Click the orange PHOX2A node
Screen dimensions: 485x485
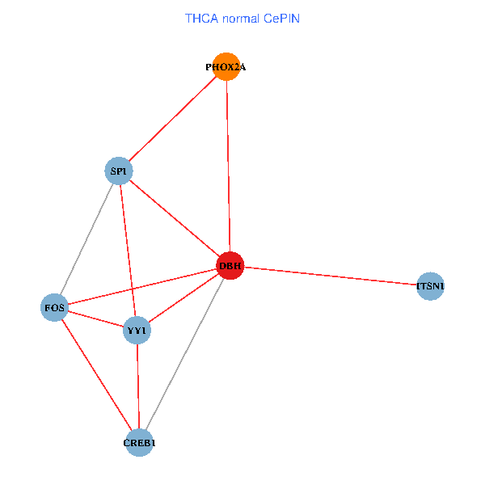226,67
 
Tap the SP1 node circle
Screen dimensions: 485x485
120,171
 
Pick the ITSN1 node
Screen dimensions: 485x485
430,286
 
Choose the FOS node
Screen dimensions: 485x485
54,307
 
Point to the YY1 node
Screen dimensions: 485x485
137,330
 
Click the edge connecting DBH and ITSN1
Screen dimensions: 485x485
330,276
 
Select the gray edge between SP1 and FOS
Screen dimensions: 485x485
87,238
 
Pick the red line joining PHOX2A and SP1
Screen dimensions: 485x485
172,119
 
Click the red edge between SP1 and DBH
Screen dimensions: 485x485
175,218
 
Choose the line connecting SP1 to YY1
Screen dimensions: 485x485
128,251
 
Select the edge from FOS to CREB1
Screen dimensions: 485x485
96,375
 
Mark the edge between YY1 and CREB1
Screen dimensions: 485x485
137,386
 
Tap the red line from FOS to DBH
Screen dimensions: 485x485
141,287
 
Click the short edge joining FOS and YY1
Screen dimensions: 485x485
95,318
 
